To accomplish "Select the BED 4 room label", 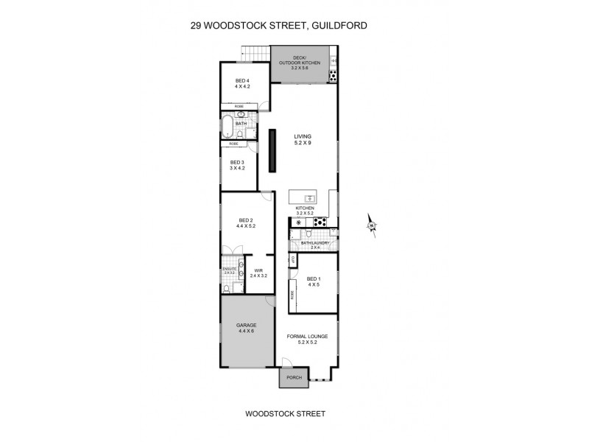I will click(243, 83).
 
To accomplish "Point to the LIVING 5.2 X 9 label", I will click(303, 139).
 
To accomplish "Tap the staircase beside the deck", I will click(256, 54).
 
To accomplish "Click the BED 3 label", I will click(236, 165).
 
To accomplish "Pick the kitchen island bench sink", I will click(310, 198).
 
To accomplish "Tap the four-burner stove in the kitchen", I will click(321, 221).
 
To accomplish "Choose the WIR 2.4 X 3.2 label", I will click(258, 273).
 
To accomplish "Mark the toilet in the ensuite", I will click(227, 289).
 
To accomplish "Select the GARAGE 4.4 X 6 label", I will click(244, 328).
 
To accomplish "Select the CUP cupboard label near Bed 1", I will click(292, 261).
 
